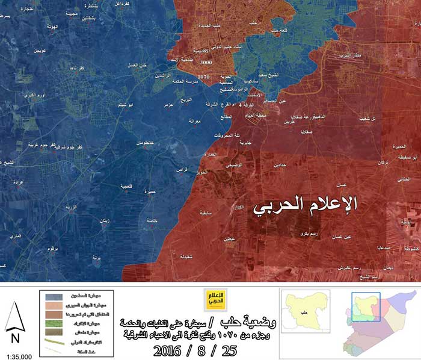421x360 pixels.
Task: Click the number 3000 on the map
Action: (206, 62)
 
